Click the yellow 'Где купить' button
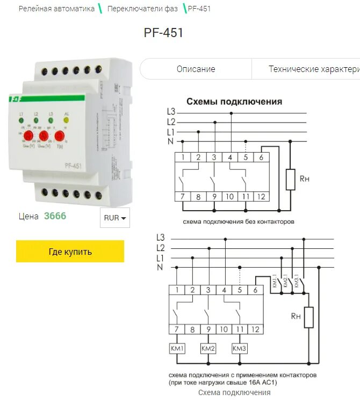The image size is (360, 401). click(70, 252)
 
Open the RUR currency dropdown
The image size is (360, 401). click(115, 218)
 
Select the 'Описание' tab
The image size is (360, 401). click(196, 69)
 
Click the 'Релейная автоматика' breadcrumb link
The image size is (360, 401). click(56, 9)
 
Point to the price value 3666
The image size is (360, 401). click(55, 216)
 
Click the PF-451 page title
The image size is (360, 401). click(164, 33)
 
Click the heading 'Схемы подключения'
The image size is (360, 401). click(234, 102)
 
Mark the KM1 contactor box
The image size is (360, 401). click(177, 349)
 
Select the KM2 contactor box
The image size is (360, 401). click(208, 349)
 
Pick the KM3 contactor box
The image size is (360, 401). click(239, 349)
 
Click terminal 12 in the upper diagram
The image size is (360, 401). click(261, 197)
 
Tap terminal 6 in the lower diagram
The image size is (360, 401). click(255, 290)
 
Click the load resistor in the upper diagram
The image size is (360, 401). click(291, 180)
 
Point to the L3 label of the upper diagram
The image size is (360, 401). click(170, 112)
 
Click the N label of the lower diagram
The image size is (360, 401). click(160, 267)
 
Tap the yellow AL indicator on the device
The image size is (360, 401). click(67, 121)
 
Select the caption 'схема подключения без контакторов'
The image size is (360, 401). click(239, 221)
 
